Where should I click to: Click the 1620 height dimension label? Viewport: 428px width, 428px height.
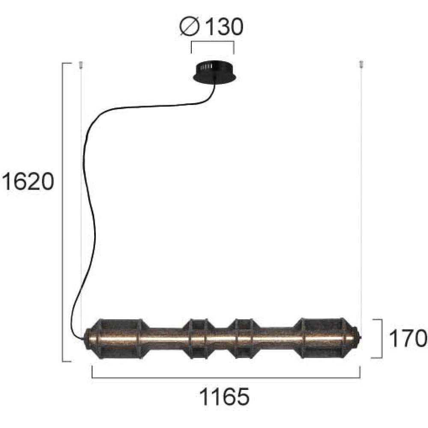(28, 181)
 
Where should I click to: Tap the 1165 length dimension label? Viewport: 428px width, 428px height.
(224, 397)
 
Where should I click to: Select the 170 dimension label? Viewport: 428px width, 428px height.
(407, 338)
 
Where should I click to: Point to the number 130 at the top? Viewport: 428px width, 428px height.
(223, 27)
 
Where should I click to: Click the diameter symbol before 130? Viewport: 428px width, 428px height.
(190, 26)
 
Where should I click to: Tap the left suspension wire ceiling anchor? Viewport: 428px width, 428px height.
(81, 65)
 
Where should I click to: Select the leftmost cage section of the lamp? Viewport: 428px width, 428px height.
(119, 339)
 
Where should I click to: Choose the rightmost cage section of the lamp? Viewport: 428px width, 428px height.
(323, 338)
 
